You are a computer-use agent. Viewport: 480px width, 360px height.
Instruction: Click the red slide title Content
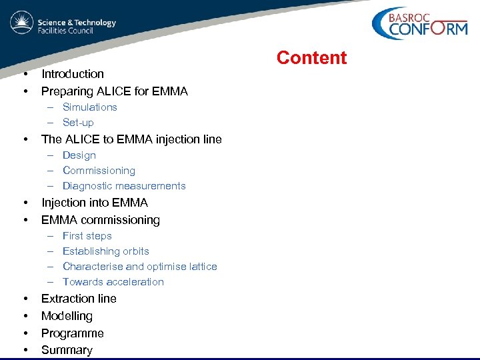(311, 58)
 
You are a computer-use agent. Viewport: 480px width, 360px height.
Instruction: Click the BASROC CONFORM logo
(419, 25)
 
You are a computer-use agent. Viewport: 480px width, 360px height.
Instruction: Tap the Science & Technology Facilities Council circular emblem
(21, 23)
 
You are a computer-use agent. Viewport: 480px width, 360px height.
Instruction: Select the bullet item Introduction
(73, 74)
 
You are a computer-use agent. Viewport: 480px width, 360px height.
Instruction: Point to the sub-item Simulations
(89, 107)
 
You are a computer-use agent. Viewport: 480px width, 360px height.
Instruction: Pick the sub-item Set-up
(78, 123)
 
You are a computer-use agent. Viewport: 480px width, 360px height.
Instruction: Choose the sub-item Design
(79, 155)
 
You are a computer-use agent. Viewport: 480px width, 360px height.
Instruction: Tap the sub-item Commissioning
(99, 171)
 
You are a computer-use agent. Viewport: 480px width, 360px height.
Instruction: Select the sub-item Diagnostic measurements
(124, 186)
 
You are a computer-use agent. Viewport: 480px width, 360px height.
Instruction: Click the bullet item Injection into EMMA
(94, 203)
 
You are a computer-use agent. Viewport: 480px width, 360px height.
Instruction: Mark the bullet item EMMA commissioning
(100, 220)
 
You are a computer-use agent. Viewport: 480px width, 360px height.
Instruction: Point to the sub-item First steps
(87, 236)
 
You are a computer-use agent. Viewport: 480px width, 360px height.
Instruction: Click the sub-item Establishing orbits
(105, 251)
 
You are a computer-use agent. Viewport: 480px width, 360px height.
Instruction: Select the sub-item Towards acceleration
(113, 282)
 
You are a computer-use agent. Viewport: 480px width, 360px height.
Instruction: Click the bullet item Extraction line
(79, 299)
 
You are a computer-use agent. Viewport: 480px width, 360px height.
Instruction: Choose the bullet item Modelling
(67, 316)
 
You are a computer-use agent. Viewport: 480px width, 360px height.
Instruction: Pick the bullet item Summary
(67, 350)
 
